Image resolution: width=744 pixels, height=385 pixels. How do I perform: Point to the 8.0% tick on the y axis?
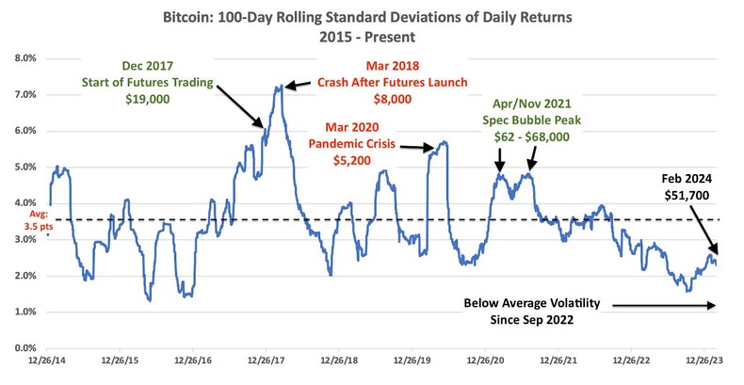point(22,58)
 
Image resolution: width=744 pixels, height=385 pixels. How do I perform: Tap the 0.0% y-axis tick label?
point(22,348)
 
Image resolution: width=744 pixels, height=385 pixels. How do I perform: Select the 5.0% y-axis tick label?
point(22,168)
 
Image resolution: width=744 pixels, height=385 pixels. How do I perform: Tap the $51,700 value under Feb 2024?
point(688,195)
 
